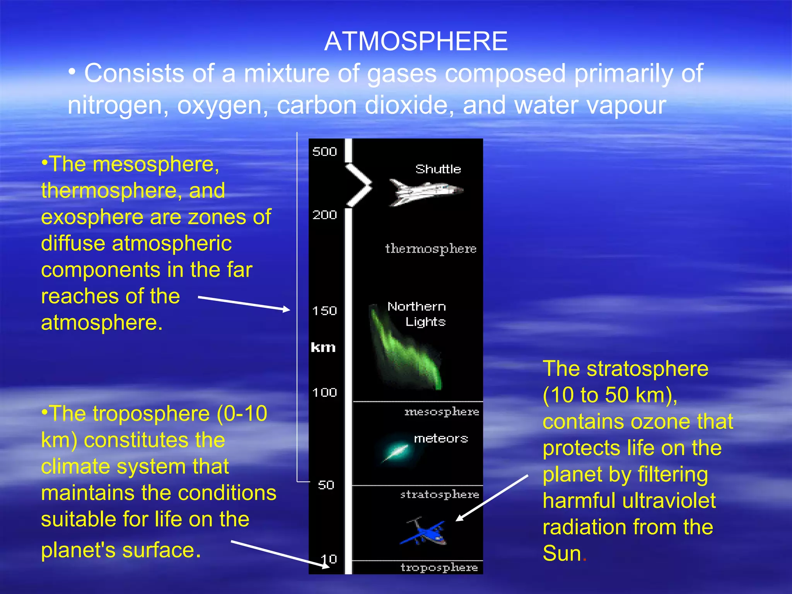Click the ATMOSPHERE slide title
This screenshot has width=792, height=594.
pos(416,41)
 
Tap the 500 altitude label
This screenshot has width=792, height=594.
pos(324,152)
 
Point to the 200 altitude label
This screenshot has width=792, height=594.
pos(324,215)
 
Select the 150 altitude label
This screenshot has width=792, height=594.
pos(324,311)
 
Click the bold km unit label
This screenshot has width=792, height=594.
pos(323,347)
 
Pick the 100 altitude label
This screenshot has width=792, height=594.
pos(324,393)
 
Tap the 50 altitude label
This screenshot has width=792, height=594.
pos(326,485)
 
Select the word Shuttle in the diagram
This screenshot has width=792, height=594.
pos(438,169)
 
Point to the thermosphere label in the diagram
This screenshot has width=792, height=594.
pos(430,249)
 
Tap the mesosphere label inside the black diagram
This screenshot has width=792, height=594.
pos(442,412)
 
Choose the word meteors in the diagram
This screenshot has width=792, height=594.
pos(441,439)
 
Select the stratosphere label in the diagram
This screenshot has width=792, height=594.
pos(440,495)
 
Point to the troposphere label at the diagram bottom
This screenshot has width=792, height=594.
pos(439,567)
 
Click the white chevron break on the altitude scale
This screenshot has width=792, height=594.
pos(359,185)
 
